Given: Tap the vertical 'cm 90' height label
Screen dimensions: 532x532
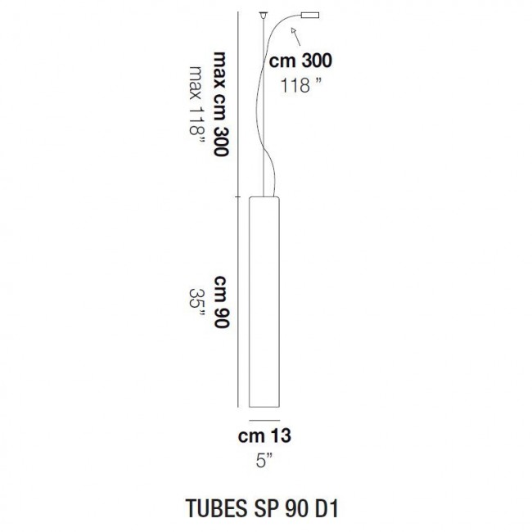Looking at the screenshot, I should pyautogui.click(x=219, y=302).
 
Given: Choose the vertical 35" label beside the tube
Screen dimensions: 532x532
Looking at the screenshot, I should pyautogui.click(x=196, y=302).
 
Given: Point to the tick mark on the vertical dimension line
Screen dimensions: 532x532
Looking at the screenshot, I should pyautogui.click(x=237, y=196).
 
